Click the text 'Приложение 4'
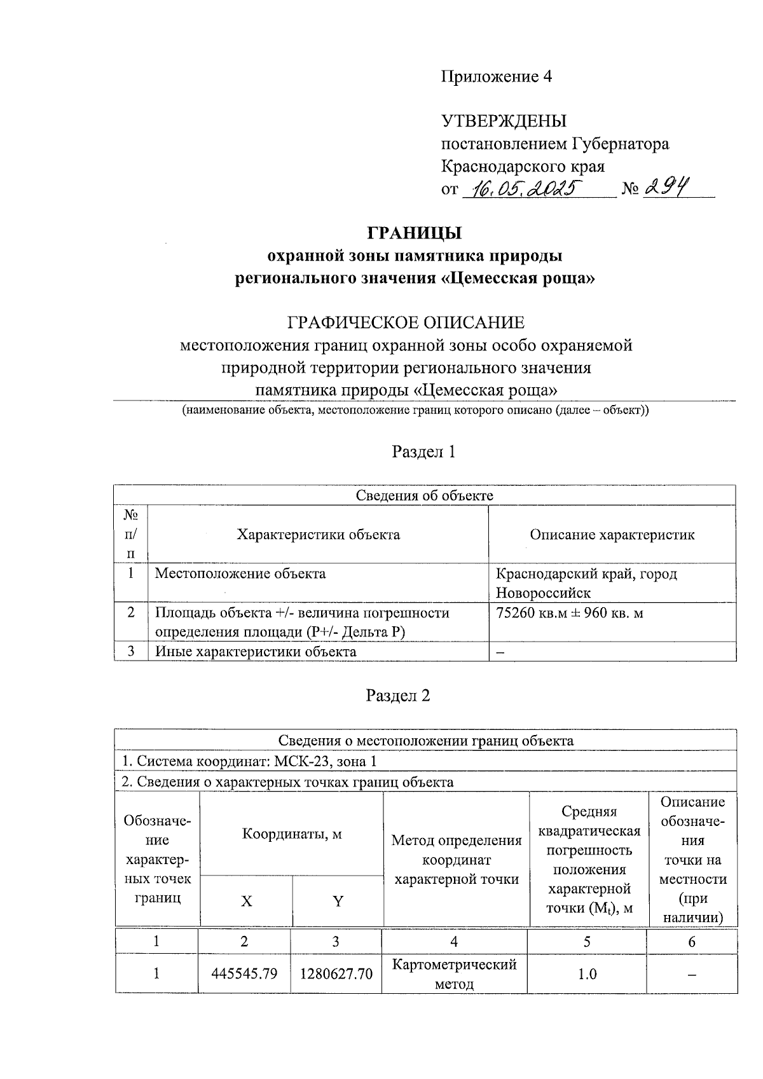click(x=497, y=77)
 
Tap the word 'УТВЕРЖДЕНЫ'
click(x=504, y=121)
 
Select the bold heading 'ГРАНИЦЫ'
click(x=415, y=233)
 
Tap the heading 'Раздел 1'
click(x=423, y=452)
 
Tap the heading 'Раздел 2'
click(x=398, y=696)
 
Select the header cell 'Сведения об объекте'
click(x=424, y=495)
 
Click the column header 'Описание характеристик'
click(x=612, y=534)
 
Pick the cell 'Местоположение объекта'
click(x=240, y=574)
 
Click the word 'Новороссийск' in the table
click(x=543, y=593)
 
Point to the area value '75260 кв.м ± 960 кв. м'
click(x=570, y=613)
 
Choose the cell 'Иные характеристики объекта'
click(x=256, y=652)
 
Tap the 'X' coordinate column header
click(x=246, y=901)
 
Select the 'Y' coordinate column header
click(x=338, y=901)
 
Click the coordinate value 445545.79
click(x=245, y=973)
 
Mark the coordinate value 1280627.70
click(x=336, y=973)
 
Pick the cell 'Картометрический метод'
click(x=454, y=974)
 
